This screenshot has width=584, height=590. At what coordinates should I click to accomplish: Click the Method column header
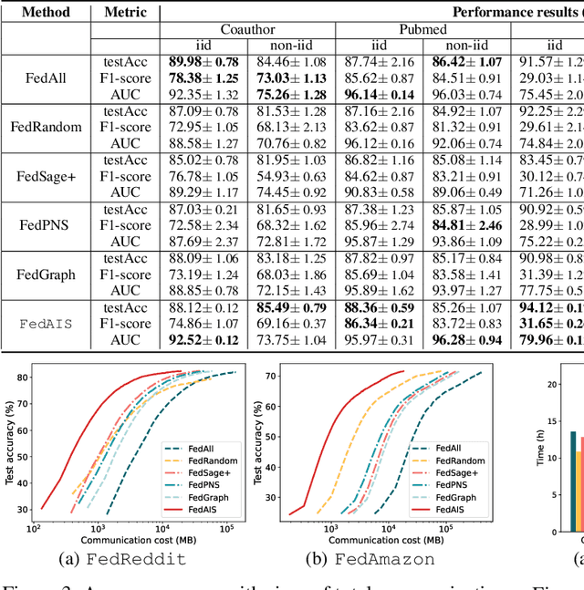click(x=46, y=13)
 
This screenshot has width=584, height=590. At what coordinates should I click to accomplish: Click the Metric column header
click(x=125, y=13)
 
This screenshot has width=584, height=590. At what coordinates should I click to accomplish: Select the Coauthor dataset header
click(x=247, y=29)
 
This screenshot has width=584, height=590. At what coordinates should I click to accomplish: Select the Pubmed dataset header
click(x=422, y=29)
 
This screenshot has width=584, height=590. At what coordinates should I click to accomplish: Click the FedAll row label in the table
click(x=46, y=77)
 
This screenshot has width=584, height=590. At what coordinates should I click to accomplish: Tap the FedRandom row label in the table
click(x=46, y=127)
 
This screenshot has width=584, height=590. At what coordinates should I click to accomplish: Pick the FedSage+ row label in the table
click(x=46, y=176)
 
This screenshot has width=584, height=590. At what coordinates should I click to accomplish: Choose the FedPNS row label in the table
click(x=46, y=225)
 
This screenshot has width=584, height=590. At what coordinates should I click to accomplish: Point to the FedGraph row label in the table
click(x=46, y=274)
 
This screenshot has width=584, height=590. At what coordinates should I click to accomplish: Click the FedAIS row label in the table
click(x=46, y=324)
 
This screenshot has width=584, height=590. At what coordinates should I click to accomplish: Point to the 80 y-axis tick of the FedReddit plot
click(x=24, y=373)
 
